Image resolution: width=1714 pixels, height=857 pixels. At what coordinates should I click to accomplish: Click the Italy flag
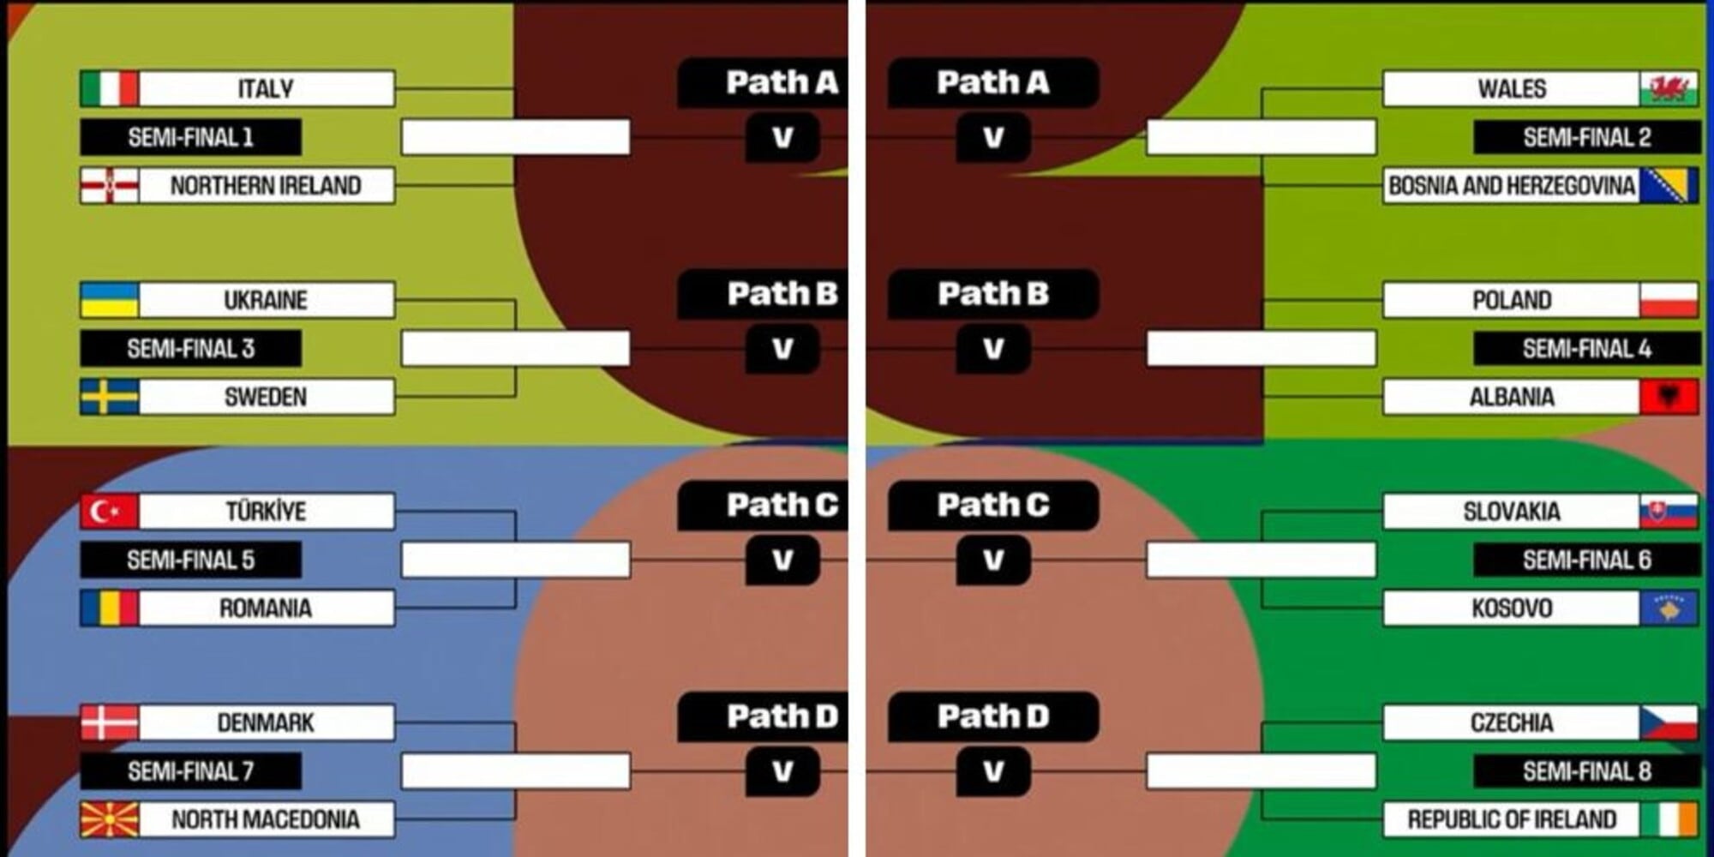click(x=109, y=88)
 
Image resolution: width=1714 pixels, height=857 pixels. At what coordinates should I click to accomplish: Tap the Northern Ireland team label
click(x=266, y=185)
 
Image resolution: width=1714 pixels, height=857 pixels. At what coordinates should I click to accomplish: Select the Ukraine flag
click(x=109, y=300)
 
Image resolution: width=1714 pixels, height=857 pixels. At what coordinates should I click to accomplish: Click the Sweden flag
click(x=109, y=397)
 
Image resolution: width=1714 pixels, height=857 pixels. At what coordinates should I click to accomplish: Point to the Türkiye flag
click(x=109, y=512)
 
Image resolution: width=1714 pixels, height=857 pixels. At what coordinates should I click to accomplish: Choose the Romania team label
click(x=266, y=608)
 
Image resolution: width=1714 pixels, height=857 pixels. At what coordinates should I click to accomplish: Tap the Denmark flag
click(x=109, y=722)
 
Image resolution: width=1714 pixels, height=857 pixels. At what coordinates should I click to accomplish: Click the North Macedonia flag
click(x=109, y=819)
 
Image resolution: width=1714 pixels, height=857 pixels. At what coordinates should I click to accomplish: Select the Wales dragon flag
click(x=1669, y=88)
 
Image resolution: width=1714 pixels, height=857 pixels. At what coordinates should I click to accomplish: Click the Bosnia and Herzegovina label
click(x=1511, y=185)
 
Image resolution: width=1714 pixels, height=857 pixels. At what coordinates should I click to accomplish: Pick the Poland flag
click(x=1669, y=300)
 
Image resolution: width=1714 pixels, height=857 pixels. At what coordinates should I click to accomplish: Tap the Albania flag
click(x=1669, y=397)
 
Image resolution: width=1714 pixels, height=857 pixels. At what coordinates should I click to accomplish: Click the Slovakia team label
click(x=1511, y=512)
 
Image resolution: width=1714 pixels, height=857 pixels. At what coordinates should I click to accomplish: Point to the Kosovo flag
click(x=1669, y=608)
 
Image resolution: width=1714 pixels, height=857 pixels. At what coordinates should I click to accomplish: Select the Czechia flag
click(x=1669, y=722)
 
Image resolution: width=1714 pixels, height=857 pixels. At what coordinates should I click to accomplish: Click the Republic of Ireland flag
click(x=1669, y=819)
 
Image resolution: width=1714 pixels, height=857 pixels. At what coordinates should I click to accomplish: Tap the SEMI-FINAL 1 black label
click(x=190, y=137)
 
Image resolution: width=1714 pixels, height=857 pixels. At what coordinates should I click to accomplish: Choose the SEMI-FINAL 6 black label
click(x=1586, y=560)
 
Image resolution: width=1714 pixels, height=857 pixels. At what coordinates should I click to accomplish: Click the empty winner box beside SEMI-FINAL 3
click(x=516, y=349)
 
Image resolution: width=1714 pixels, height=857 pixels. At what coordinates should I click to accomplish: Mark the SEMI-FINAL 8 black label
click(x=1586, y=771)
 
